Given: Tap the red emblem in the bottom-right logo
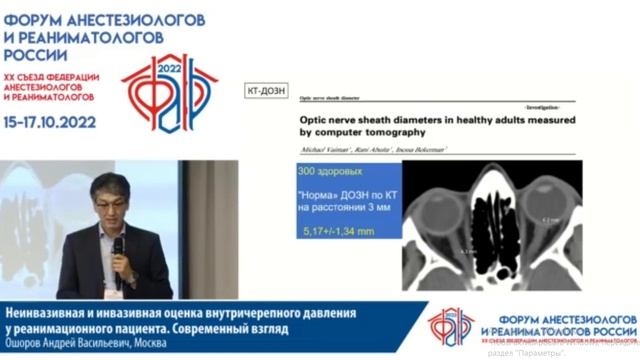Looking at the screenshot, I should tap(448, 326).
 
